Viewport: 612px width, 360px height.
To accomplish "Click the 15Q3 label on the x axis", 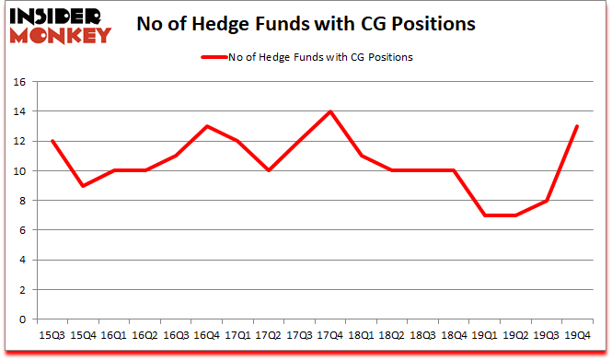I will [x=52, y=335].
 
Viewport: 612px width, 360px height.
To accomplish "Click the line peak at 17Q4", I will [x=329, y=111].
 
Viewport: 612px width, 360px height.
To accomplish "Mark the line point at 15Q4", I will [x=83, y=186].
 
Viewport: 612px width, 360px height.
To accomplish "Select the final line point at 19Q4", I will [x=576, y=126].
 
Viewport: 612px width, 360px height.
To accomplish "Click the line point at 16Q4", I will [x=206, y=126].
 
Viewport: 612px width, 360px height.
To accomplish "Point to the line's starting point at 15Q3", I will [x=52, y=141].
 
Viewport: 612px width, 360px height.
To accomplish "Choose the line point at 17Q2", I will [x=268, y=171].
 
